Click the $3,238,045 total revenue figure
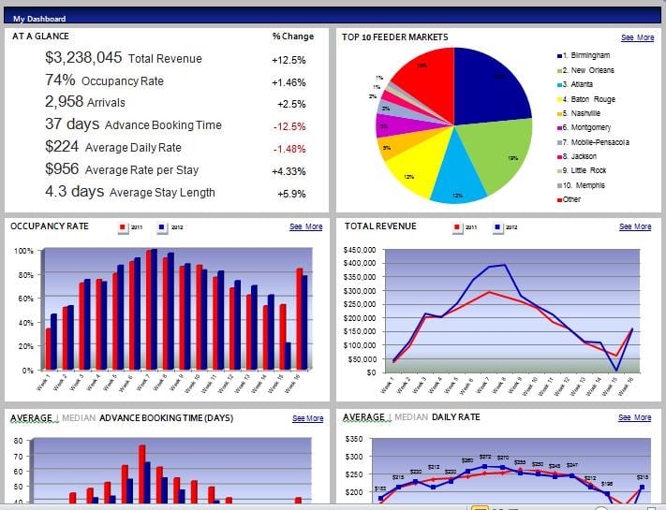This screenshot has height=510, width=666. [83, 58]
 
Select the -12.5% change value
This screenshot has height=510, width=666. [289, 126]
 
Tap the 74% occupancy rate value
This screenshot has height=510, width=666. [60, 80]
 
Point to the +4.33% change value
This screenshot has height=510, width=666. [289, 171]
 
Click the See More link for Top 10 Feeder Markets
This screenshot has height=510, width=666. [637, 37]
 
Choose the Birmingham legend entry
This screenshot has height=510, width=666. [589, 55]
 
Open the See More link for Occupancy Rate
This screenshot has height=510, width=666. [305, 226]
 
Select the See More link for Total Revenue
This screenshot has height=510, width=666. [635, 226]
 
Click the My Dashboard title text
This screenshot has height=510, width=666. [38, 18]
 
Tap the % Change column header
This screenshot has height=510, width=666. [293, 37]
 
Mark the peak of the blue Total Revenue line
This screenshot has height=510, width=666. [507, 265]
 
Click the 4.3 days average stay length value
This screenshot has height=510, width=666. [74, 192]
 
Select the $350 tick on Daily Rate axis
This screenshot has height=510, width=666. [353, 438]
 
